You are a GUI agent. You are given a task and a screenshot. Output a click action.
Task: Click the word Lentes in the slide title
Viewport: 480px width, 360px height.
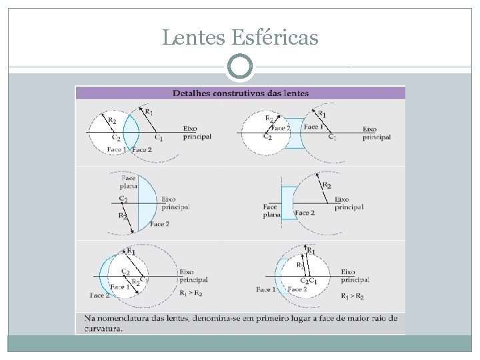click(x=194, y=38)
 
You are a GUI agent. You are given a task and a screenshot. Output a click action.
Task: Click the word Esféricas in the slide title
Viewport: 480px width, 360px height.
click(x=275, y=38)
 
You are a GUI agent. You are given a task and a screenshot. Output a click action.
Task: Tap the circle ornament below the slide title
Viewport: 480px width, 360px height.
click(x=240, y=67)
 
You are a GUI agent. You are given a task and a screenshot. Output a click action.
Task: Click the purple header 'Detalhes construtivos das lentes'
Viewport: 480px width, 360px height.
click(x=240, y=93)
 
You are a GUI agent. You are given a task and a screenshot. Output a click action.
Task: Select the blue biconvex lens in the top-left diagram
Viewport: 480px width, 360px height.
click(x=131, y=133)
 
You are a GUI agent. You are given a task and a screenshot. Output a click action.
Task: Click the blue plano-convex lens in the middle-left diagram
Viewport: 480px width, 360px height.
click(x=147, y=201)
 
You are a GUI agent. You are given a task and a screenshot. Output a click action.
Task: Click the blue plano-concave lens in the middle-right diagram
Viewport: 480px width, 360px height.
click(x=287, y=203)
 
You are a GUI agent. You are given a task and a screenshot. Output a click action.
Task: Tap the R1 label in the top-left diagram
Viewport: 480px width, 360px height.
click(x=149, y=112)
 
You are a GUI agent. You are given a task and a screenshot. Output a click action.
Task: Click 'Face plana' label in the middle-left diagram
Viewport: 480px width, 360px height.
click(x=129, y=183)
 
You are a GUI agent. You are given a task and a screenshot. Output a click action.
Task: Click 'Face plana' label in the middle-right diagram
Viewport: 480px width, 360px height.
click(x=271, y=211)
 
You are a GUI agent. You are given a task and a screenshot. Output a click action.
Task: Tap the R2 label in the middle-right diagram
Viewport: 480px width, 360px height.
click(x=327, y=185)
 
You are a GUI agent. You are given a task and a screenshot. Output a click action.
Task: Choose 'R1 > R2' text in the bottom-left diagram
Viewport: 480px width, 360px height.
click(x=191, y=294)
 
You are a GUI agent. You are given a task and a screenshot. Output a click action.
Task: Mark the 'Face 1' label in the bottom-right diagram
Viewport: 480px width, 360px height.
click(x=265, y=290)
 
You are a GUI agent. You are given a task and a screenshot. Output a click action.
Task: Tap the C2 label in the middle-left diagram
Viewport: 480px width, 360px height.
click(x=123, y=199)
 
